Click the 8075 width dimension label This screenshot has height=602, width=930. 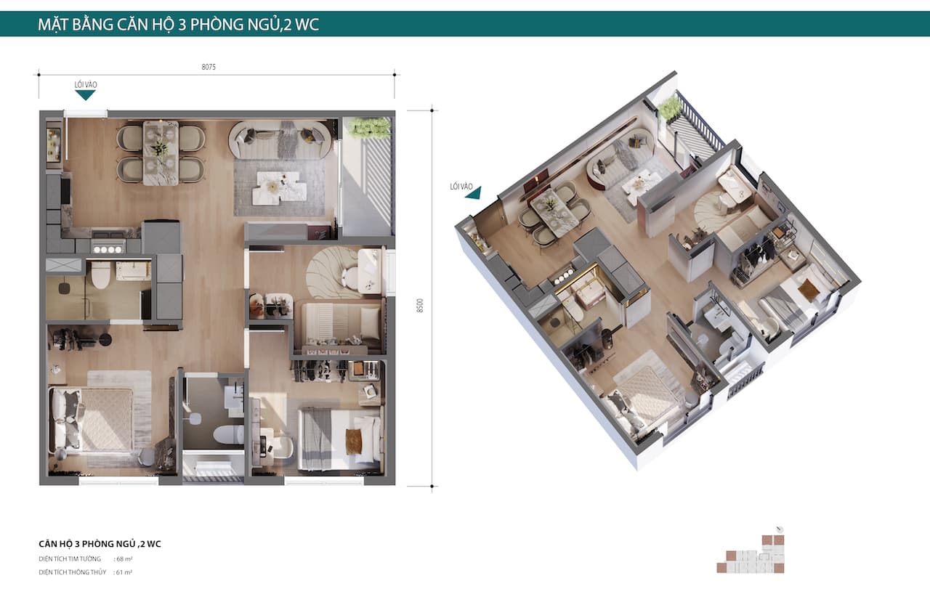click(209, 67)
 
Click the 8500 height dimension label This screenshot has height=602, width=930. click(420, 305)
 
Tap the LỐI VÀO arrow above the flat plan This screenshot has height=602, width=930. click(86, 95)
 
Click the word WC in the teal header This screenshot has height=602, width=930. click(307, 25)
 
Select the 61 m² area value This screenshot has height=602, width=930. click(124, 572)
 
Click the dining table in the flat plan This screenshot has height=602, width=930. click(161, 152)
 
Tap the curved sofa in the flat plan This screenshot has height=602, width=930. click(280, 139)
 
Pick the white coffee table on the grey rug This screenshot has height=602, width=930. click(280, 188)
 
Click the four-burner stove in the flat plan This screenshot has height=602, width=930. click(108, 249)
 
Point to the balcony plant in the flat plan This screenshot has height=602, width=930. click(368, 127)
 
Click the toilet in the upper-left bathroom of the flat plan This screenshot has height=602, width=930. click(100, 274)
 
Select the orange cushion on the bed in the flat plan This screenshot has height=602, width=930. click(354, 442)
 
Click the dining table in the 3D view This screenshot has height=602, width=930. click(554, 213)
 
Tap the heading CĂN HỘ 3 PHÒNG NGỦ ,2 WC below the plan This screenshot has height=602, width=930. click(100, 544)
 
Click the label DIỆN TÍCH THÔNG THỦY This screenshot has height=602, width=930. click(73, 572)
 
